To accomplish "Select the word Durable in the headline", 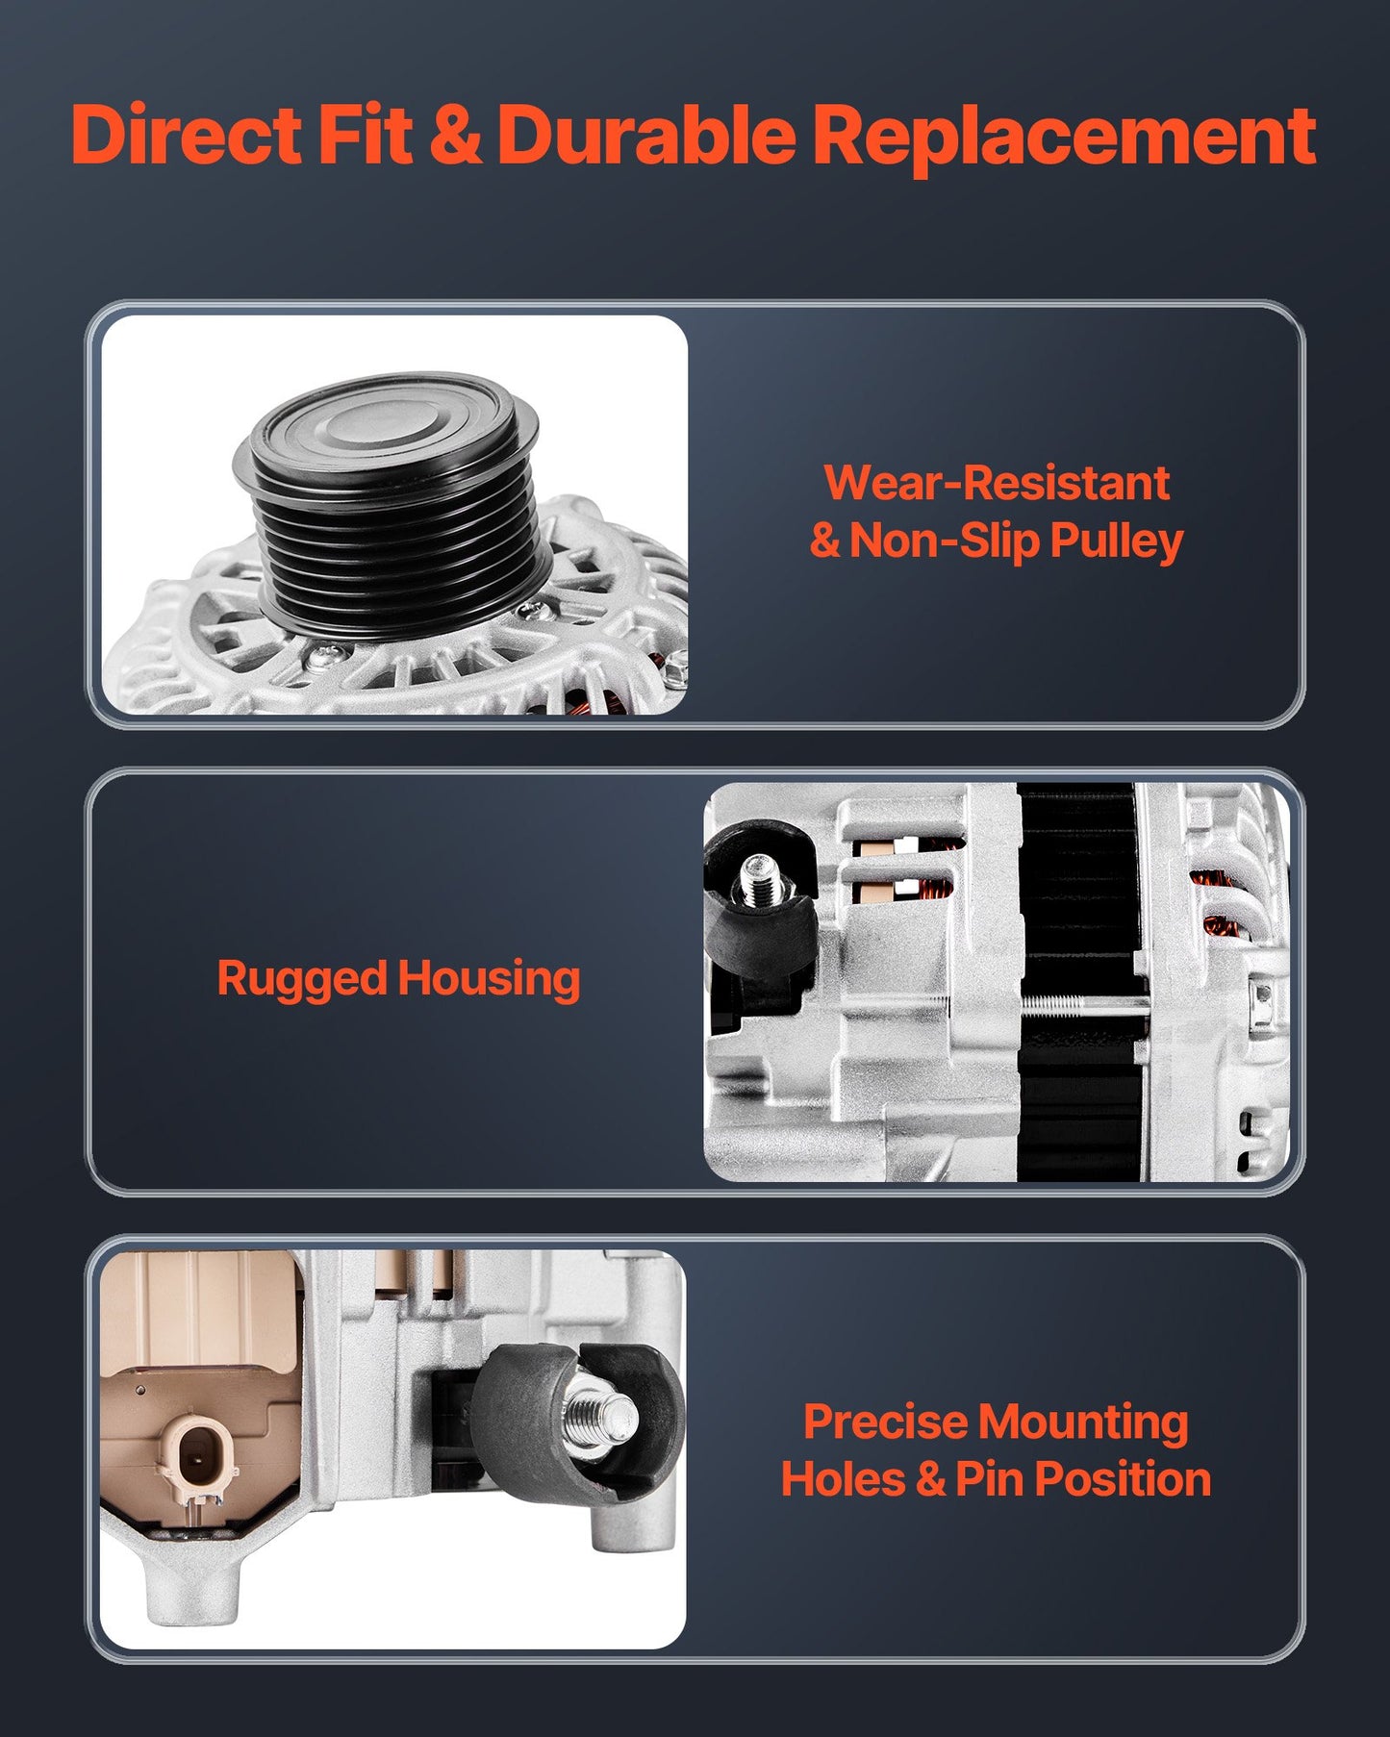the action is [646, 135].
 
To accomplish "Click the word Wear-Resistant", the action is [997, 483].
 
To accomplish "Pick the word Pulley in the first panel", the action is [1116, 541].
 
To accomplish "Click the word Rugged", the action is [301, 980].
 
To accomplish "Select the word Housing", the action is [489, 980].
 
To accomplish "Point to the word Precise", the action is [886, 1422].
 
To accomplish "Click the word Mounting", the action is [1084, 1423].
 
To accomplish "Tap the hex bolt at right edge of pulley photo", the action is [675, 663].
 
